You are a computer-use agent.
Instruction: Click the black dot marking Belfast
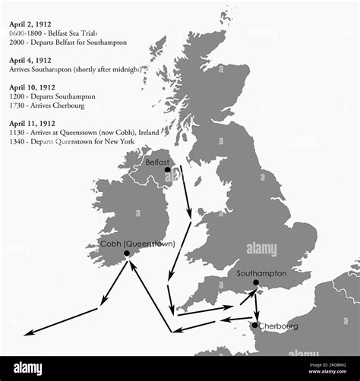167,170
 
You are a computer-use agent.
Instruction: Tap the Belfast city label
157,162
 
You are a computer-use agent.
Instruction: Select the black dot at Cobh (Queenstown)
126,253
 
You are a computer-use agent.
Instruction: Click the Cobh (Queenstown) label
137,244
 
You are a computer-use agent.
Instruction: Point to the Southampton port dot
256,283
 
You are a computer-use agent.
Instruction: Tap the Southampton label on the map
261,273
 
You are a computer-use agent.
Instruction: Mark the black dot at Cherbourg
255,325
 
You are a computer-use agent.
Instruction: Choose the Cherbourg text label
278,326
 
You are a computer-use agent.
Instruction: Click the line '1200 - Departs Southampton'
52,97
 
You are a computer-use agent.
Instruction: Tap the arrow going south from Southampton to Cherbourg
257,304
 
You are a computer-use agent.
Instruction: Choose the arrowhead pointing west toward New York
27,333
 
